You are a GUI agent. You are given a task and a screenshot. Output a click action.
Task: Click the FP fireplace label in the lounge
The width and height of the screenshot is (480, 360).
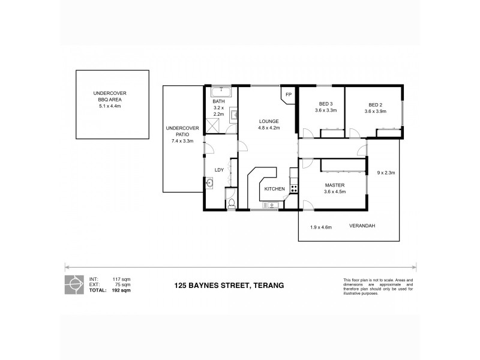pyautogui.click(x=288, y=95)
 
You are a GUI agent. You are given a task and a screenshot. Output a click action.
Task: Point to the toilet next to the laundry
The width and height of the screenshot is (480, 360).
pyautogui.click(x=231, y=204)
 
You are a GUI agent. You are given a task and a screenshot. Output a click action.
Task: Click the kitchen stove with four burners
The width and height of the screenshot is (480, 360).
pyautogui.click(x=294, y=188)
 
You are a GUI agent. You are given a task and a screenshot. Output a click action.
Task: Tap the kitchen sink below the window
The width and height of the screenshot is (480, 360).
pyautogui.click(x=268, y=205)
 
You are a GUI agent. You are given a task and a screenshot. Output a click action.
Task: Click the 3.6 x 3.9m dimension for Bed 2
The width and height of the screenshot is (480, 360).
pyautogui.click(x=375, y=111)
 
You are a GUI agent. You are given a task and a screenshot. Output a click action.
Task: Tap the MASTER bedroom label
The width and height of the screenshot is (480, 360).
pyautogui.click(x=335, y=185)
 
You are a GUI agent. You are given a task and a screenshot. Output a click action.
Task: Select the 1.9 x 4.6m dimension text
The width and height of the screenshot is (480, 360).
pyautogui.click(x=322, y=227)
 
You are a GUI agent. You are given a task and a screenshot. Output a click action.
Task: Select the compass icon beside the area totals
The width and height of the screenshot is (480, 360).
pyautogui.click(x=74, y=284)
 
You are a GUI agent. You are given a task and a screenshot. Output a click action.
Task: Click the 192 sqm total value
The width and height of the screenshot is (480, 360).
pyautogui.click(x=122, y=290)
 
